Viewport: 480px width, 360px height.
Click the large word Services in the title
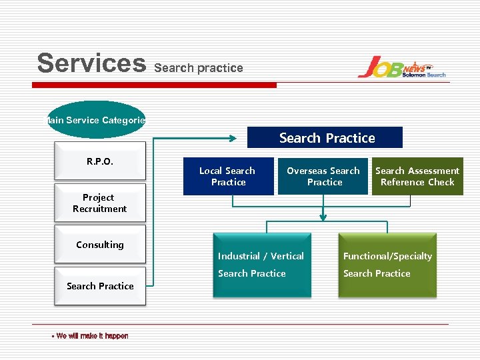tap(91, 63)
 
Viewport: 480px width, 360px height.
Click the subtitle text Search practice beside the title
tap(199, 68)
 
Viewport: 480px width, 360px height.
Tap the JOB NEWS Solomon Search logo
tap(401, 67)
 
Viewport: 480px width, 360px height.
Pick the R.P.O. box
tap(99, 161)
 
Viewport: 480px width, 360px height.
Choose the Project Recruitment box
tap(99, 203)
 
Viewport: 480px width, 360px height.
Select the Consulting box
tap(99, 245)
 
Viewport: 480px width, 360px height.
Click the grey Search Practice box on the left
tap(99, 286)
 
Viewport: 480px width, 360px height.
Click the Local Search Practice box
tap(228, 177)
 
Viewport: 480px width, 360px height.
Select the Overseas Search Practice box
tap(323, 177)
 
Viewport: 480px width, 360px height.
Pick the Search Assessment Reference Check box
tap(417, 177)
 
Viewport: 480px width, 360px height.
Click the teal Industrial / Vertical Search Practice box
tap(261, 265)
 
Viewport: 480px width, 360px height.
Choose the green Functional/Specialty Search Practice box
tap(387, 265)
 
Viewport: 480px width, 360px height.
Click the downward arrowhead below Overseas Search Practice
tap(323, 216)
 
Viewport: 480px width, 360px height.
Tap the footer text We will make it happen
tap(91, 336)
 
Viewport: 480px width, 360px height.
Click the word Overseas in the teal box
tap(307, 171)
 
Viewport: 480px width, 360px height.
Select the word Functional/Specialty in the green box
tap(387, 256)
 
